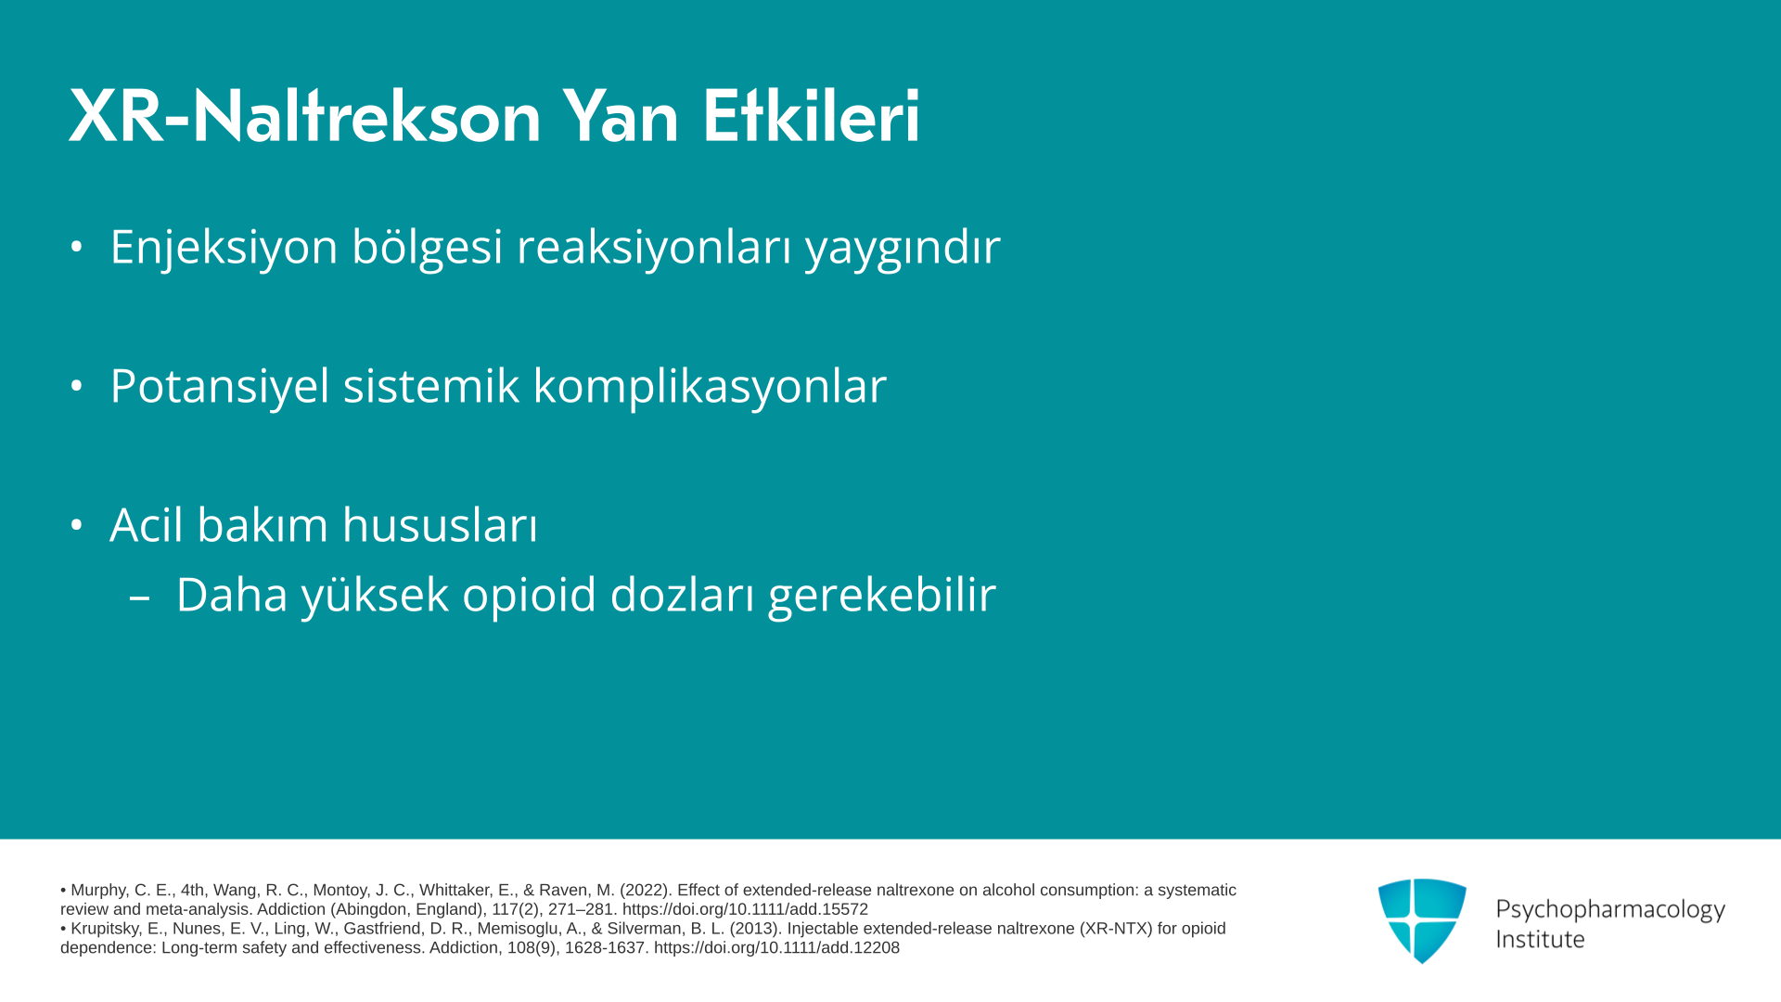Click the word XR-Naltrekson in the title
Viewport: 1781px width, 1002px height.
(305, 116)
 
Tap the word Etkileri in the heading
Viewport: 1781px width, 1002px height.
(812, 116)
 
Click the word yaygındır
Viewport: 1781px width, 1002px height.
(903, 248)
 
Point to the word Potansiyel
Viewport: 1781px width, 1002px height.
(220, 386)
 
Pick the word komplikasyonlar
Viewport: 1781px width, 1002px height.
(710, 386)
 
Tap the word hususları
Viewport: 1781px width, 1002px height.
(440, 524)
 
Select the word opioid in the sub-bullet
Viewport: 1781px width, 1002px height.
(529, 595)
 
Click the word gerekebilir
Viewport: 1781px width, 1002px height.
(882, 595)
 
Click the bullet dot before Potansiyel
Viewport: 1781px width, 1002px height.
(76, 385)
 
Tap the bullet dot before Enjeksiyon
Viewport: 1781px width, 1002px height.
(76, 247)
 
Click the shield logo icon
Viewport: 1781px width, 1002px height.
(1422, 920)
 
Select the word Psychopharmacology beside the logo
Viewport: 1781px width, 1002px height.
(1610, 909)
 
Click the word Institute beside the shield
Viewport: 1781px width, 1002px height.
(1540, 939)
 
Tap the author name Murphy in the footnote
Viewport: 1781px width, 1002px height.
(98, 891)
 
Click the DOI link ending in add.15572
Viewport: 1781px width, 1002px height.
(745, 909)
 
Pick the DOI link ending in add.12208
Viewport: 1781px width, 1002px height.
(776, 947)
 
